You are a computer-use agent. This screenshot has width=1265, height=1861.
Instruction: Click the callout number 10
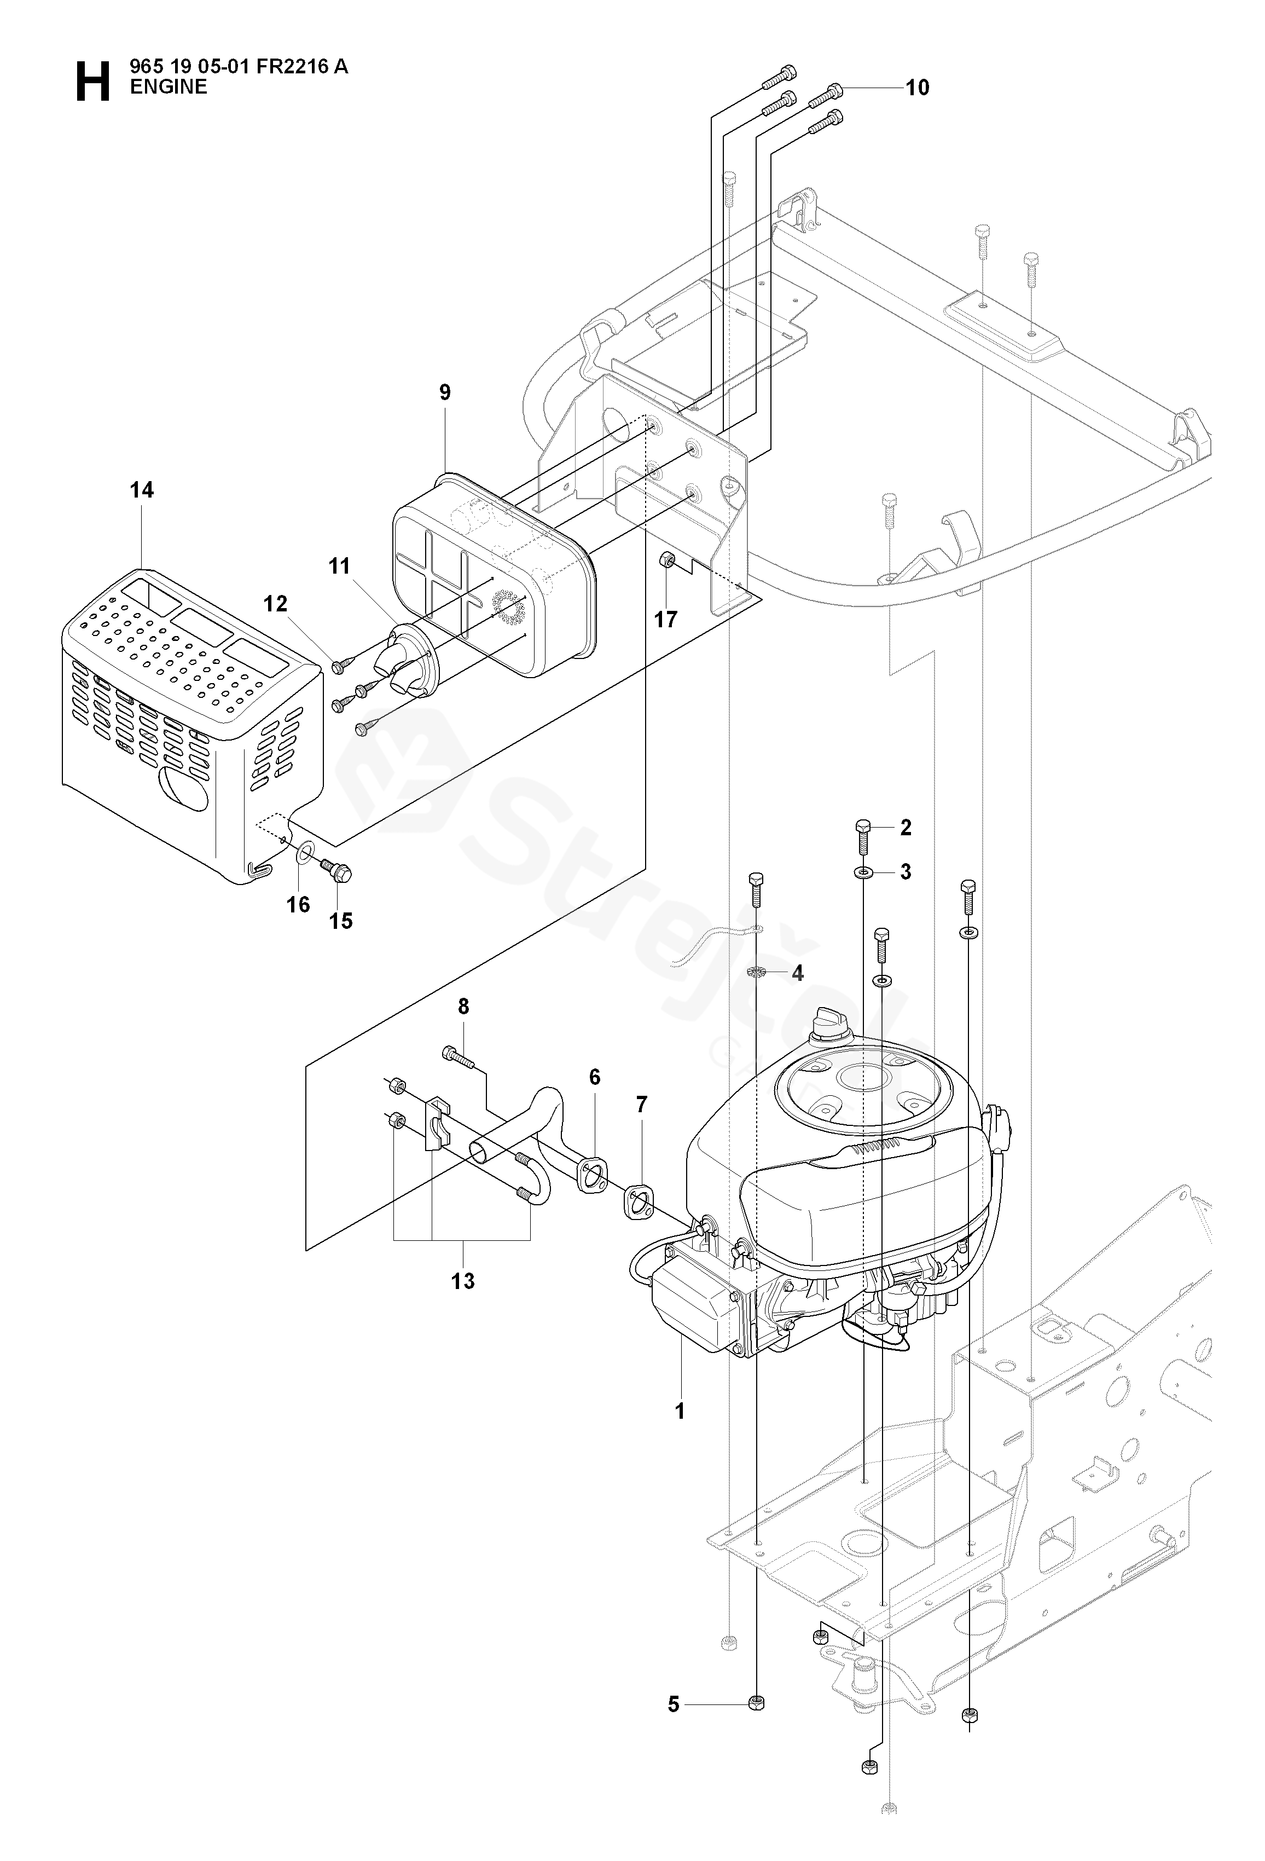coord(918,87)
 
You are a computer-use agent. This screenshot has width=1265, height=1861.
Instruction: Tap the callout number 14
coord(142,490)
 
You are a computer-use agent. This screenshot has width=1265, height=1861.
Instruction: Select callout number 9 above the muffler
coord(445,392)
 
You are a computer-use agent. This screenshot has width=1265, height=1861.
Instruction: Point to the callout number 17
coord(665,619)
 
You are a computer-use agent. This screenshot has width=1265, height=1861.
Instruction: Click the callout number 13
coord(463,1281)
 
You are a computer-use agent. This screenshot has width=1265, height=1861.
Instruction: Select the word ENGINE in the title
coord(169,87)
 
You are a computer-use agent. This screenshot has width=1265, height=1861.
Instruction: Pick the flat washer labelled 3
coord(864,871)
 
